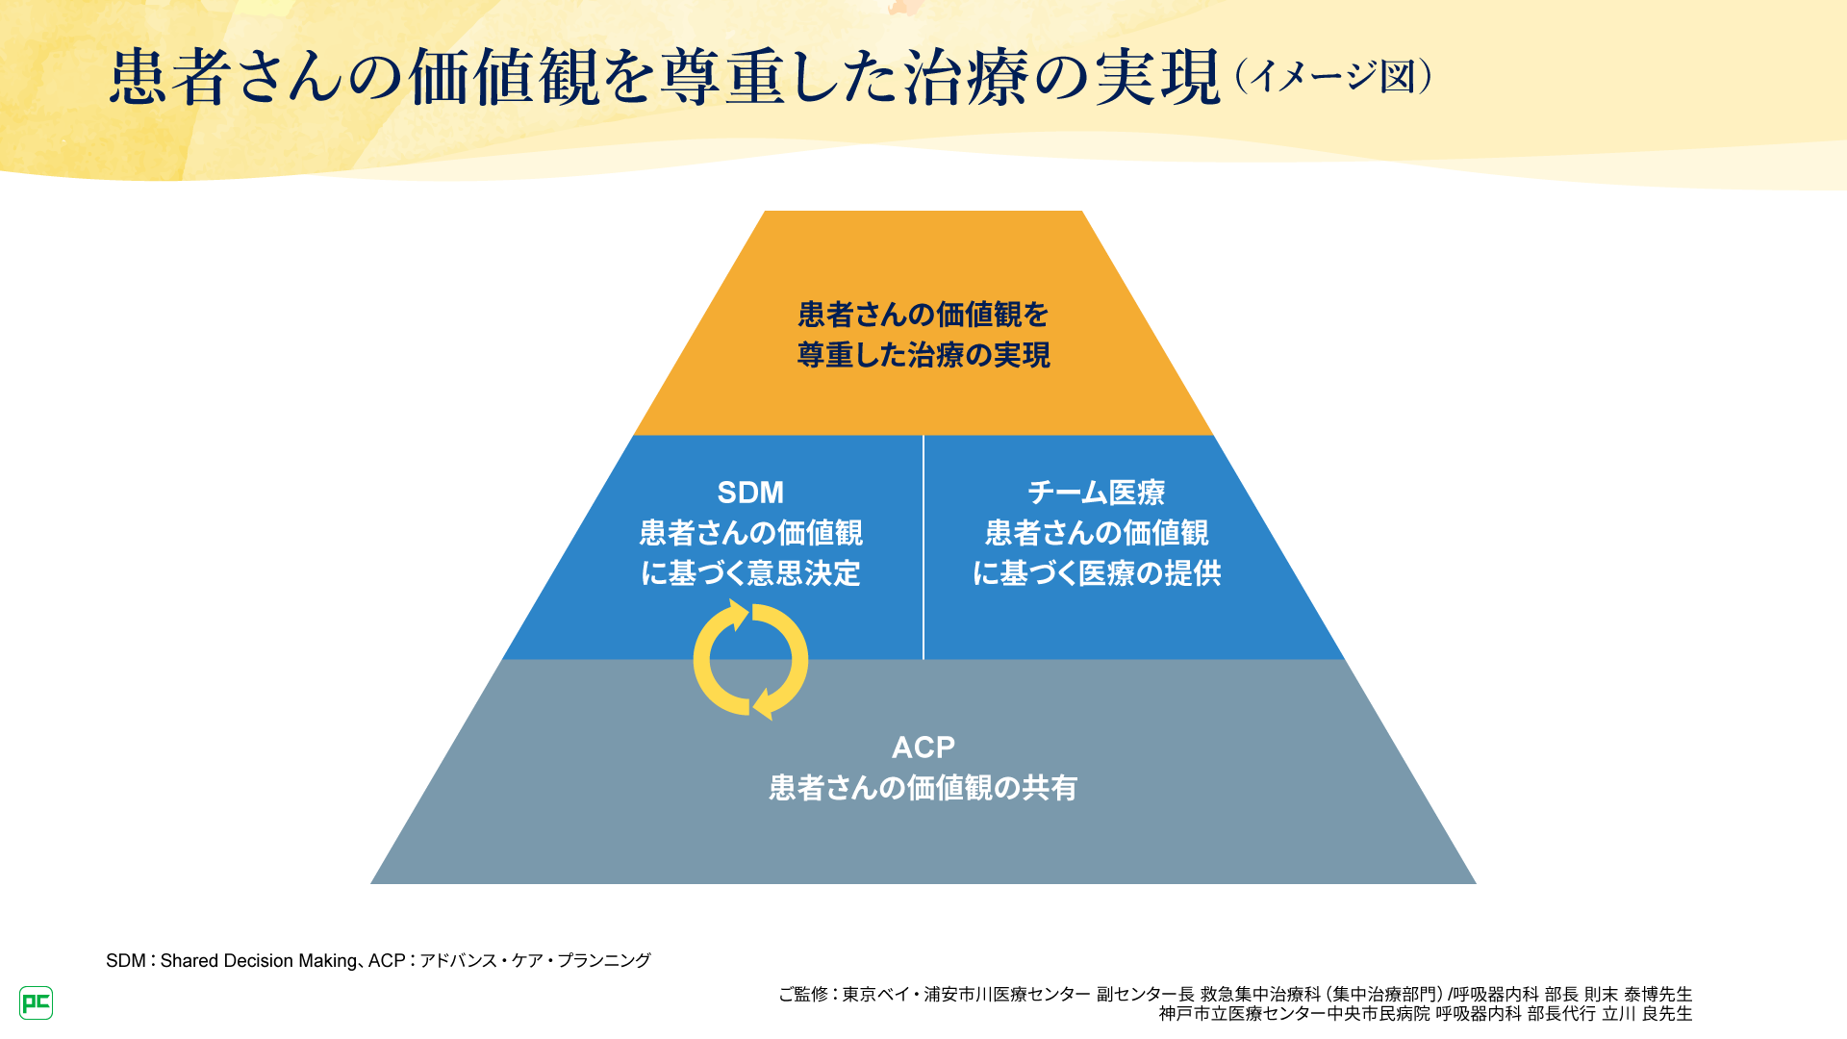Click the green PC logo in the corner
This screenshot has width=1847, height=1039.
click(36, 1002)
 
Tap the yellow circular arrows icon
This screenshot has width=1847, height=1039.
click(750, 660)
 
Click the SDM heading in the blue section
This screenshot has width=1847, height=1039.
click(750, 493)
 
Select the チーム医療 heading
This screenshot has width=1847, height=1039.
click(1096, 493)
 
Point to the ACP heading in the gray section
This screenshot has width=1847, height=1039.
click(923, 748)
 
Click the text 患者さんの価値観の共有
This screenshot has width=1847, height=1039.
click(923, 788)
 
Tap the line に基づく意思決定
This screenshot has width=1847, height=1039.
click(750, 573)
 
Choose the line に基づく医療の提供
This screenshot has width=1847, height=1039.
click(1096, 573)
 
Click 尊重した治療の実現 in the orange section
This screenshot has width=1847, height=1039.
click(923, 355)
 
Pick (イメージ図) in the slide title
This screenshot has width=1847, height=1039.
click(1333, 77)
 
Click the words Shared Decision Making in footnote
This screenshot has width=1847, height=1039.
click(258, 960)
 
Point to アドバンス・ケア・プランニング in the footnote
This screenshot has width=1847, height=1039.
click(535, 960)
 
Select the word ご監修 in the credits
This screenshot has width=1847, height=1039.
click(802, 994)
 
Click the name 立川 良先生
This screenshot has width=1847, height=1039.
click(1647, 1013)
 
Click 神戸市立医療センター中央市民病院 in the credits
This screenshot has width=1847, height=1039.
click(1294, 1013)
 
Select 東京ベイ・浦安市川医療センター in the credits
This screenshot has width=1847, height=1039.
click(966, 994)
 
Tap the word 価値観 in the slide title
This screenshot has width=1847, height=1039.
click(505, 77)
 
